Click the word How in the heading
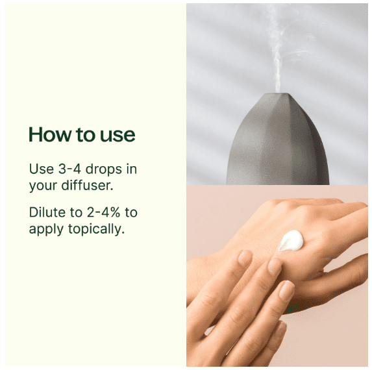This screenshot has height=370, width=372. [50, 134]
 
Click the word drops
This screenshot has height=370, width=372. [104, 169]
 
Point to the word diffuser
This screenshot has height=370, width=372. [87, 185]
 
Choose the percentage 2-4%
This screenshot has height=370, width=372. [103, 212]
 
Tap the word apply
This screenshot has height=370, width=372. [46, 230]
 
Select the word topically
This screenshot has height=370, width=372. [96, 229]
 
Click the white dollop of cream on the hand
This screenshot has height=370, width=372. [291, 241]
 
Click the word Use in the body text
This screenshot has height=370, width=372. [42, 169]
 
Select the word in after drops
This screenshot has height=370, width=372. [132, 169]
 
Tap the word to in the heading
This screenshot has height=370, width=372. [86, 135]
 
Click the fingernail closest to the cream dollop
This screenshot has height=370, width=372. [275, 265]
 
